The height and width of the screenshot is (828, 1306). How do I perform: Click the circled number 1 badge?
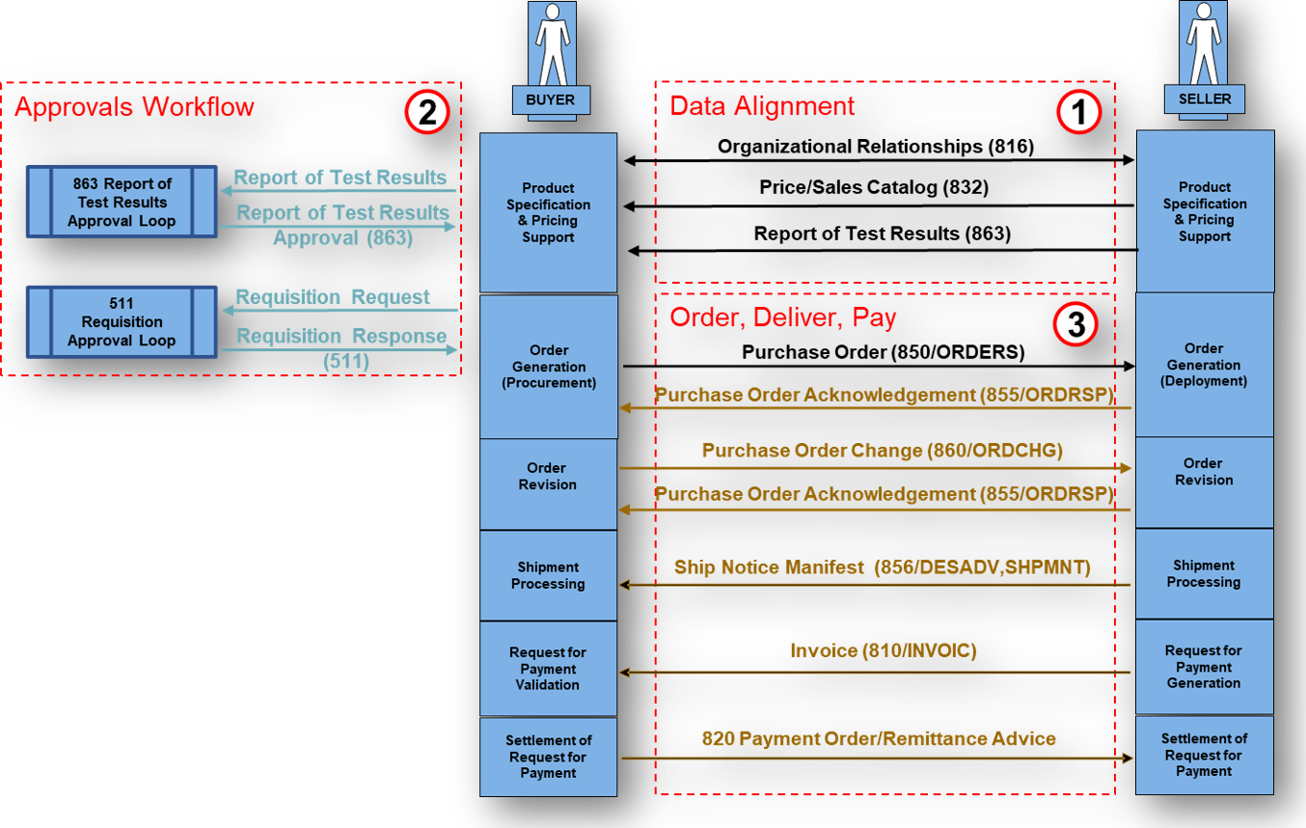[x=1077, y=113]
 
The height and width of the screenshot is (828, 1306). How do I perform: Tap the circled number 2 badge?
[x=426, y=113]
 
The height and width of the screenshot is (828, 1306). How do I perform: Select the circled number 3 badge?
[x=1075, y=325]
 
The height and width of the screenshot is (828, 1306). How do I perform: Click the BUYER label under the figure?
[x=550, y=99]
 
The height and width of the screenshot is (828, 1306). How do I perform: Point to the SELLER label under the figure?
[x=1205, y=98]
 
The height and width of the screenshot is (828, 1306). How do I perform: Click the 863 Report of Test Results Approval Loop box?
[x=122, y=202]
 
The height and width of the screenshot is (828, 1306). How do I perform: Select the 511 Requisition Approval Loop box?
[x=122, y=321]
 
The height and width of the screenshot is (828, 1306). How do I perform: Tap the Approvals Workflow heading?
[x=134, y=106]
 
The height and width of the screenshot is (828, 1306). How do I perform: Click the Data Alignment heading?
[x=762, y=106]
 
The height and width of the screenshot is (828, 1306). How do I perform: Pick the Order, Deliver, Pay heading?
[x=783, y=317]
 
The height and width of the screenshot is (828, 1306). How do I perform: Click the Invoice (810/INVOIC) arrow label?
[x=883, y=651]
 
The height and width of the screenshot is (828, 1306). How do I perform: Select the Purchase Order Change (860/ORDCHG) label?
[x=882, y=450]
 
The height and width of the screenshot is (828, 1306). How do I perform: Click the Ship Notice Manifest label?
[x=882, y=567]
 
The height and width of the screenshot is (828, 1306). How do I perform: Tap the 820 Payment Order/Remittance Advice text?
[x=878, y=738]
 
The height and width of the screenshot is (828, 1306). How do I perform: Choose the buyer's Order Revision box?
[x=547, y=477]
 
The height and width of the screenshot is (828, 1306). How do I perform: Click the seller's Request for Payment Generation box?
[x=1204, y=667]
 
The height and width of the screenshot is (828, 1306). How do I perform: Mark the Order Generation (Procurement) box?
[x=548, y=366]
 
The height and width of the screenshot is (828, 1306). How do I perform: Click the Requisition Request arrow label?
[x=333, y=297]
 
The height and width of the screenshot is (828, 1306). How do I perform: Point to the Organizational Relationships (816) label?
[x=875, y=147]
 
